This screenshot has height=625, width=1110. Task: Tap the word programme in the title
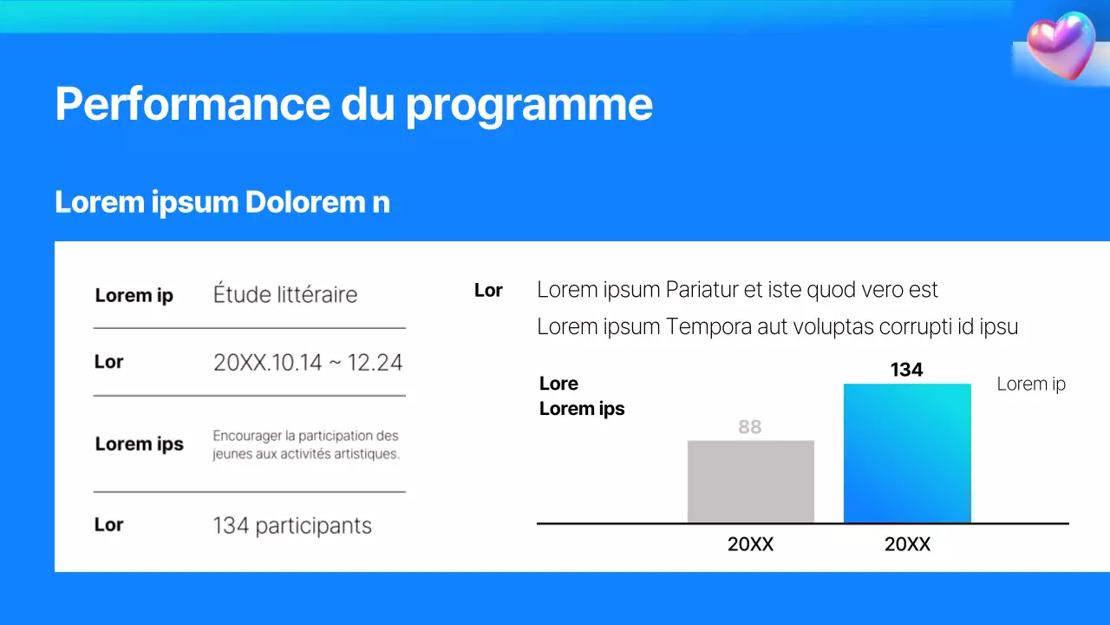tap(529, 105)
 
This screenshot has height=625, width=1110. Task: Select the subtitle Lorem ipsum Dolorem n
tap(222, 201)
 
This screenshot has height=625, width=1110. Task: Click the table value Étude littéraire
tap(285, 294)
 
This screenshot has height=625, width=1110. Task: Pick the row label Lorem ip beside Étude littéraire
tap(134, 295)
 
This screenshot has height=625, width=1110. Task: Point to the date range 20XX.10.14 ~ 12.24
tap(308, 362)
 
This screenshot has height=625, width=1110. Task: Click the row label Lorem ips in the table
tap(139, 444)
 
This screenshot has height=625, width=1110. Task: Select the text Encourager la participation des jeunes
tap(306, 444)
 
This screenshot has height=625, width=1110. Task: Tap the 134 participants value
tap(292, 525)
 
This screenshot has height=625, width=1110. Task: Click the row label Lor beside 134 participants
tap(109, 524)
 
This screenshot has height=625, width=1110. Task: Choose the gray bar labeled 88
tap(751, 482)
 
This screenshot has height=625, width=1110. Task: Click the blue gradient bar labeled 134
tap(907, 453)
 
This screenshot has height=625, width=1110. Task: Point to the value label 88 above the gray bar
tap(750, 426)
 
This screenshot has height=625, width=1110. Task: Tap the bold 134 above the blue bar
tap(906, 370)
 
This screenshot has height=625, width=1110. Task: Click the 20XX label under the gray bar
tap(750, 544)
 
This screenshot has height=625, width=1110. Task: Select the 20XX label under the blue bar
tap(907, 544)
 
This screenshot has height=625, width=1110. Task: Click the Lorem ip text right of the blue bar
tap(1031, 384)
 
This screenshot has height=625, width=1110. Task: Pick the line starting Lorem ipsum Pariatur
tap(737, 290)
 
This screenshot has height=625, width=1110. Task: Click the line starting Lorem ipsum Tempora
tap(777, 326)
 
